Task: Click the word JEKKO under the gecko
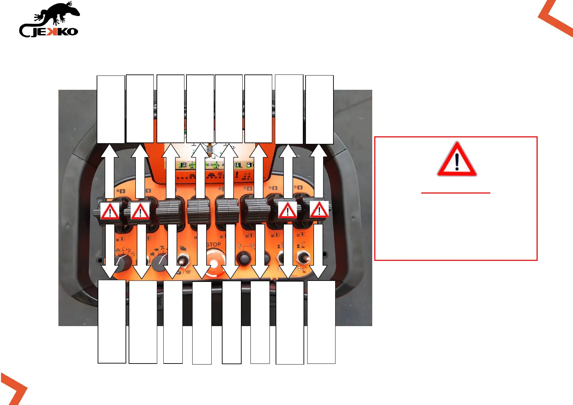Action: (54, 32)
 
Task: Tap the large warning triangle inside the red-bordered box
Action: (457, 160)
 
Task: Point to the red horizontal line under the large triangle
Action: (456, 193)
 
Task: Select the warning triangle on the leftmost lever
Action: (110, 211)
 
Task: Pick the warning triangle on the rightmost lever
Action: (319, 209)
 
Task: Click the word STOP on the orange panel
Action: (213, 244)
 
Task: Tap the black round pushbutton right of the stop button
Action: (244, 258)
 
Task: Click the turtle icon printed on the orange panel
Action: (155, 250)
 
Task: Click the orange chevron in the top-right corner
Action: (557, 19)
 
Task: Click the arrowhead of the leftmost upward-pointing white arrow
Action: (109, 151)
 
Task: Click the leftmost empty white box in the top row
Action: (111, 109)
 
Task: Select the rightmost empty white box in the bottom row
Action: (321, 322)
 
